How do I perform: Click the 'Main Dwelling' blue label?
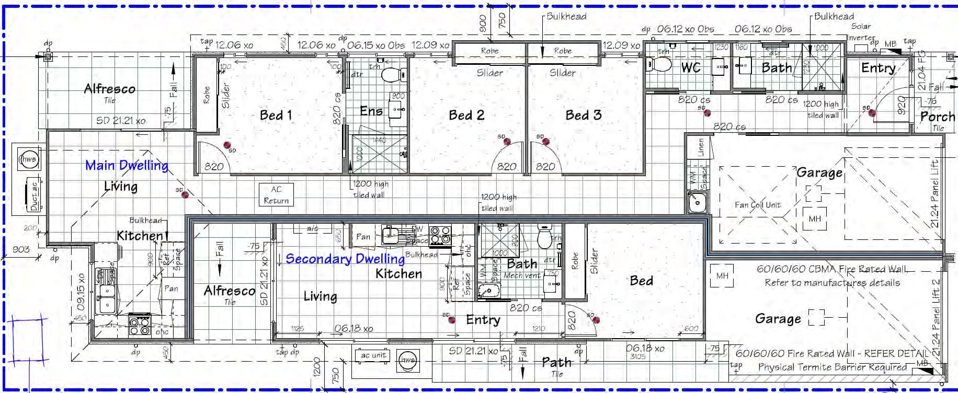(127, 166)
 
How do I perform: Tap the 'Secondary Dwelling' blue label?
(345, 259)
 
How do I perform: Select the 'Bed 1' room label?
(276, 115)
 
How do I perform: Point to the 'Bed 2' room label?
(466, 115)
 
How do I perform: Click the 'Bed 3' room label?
(583, 115)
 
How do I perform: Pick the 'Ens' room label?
(371, 111)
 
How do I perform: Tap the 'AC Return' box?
(276, 195)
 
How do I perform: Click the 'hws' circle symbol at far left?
(28, 159)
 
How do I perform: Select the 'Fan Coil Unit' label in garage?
(757, 205)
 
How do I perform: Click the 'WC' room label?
(690, 68)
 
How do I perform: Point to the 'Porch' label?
(937, 117)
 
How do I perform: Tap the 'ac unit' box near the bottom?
(373, 355)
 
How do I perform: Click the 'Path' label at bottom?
(556, 362)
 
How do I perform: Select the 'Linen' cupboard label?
(701, 147)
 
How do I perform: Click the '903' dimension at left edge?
(21, 249)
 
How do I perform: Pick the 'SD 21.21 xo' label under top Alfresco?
(121, 121)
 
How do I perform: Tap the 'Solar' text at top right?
(861, 26)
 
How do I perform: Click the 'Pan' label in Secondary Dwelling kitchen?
(363, 237)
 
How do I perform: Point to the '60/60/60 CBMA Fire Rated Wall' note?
(831, 269)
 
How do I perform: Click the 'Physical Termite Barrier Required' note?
(832, 367)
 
